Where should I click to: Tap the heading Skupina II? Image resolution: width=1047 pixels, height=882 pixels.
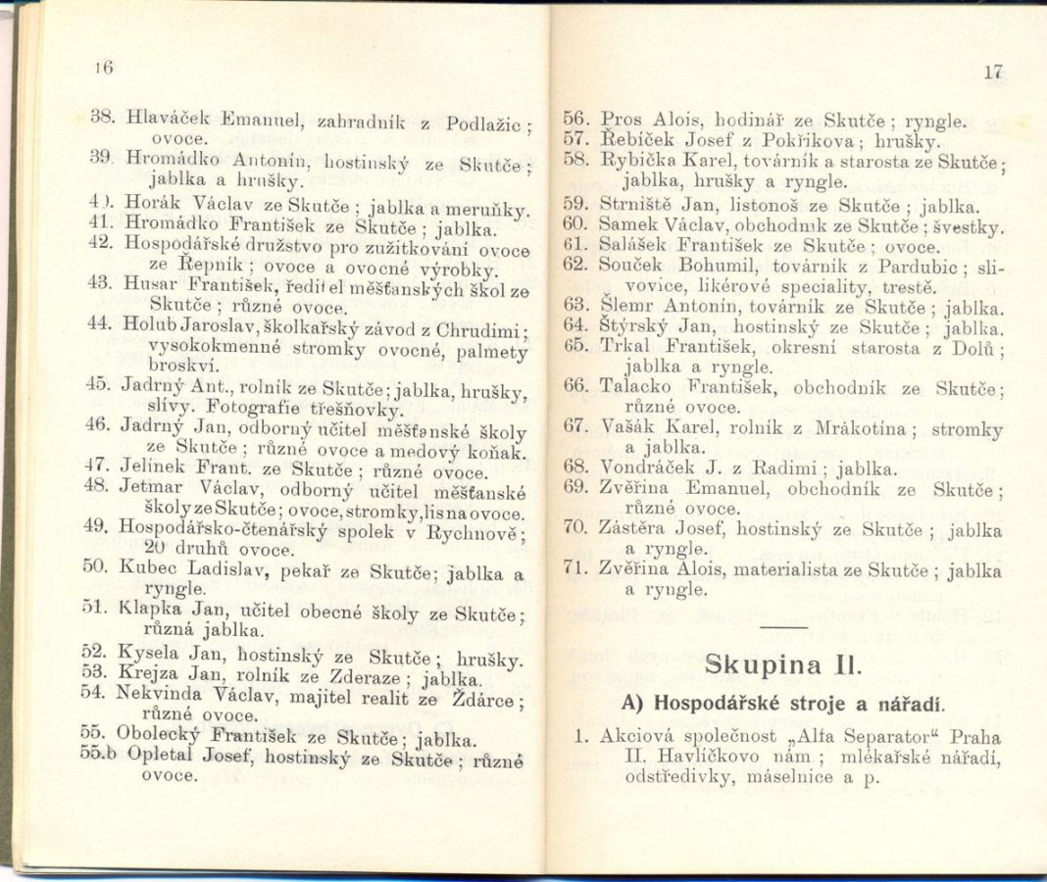coord(782,665)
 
